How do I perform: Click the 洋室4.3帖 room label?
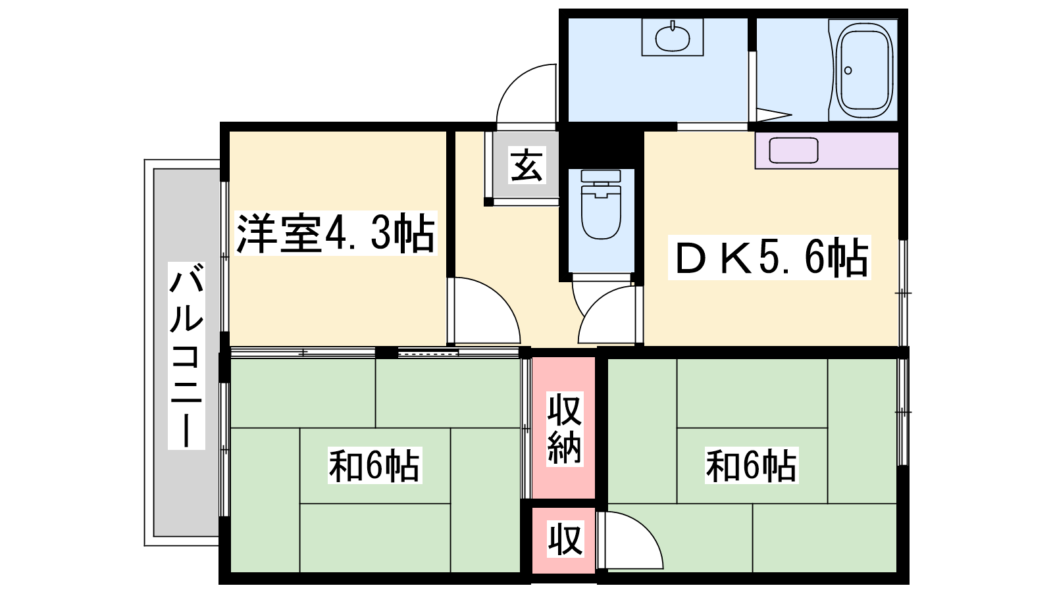pyautogui.click(x=336, y=234)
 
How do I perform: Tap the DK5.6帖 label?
pyautogui.click(x=769, y=257)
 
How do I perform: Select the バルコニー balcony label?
pyautogui.click(x=187, y=356)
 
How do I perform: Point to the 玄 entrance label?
pyautogui.click(x=527, y=164)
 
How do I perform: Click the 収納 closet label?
pyautogui.click(x=565, y=429)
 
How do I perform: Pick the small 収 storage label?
pyautogui.click(x=565, y=539)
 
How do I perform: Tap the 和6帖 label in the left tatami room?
pyautogui.click(x=374, y=466)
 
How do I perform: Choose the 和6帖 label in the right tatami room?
pyautogui.click(x=751, y=466)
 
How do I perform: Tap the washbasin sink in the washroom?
pyautogui.click(x=673, y=37)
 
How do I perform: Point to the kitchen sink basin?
pyautogui.click(x=794, y=151)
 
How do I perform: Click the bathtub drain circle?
pyautogui.click(x=848, y=70)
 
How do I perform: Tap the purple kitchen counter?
pyautogui.click(x=827, y=151)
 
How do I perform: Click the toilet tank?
pyautogui.click(x=602, y=176)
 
